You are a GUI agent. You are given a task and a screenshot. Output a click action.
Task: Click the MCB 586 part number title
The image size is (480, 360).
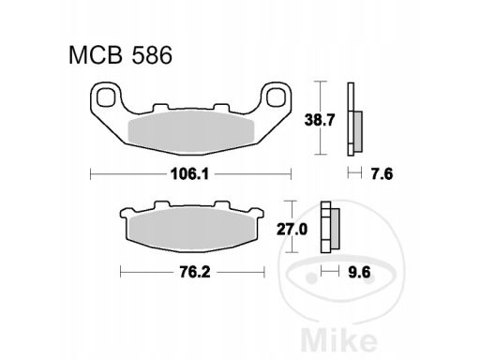[x=120, y=55]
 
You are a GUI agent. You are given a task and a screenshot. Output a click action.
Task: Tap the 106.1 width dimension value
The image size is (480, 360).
[x=189, y=173]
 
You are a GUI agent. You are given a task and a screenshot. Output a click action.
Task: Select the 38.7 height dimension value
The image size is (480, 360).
[x=320, y=120]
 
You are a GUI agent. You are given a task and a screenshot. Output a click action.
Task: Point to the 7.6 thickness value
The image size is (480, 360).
[x=382, y=173]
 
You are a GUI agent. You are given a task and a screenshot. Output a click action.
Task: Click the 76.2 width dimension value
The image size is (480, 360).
[x=195, y=272]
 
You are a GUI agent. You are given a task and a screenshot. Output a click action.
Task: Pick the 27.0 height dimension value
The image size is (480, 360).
[x=292, y=230]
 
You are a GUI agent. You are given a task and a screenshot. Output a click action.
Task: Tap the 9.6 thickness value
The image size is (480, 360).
[x=359, y=272]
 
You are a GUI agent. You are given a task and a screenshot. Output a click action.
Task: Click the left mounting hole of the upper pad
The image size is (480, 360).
[x=105, y=97]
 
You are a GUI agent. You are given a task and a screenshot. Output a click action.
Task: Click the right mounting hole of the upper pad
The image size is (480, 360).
[x=276, y=97]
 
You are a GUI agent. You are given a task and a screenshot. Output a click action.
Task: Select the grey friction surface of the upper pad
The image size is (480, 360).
[x=190, y=131]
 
